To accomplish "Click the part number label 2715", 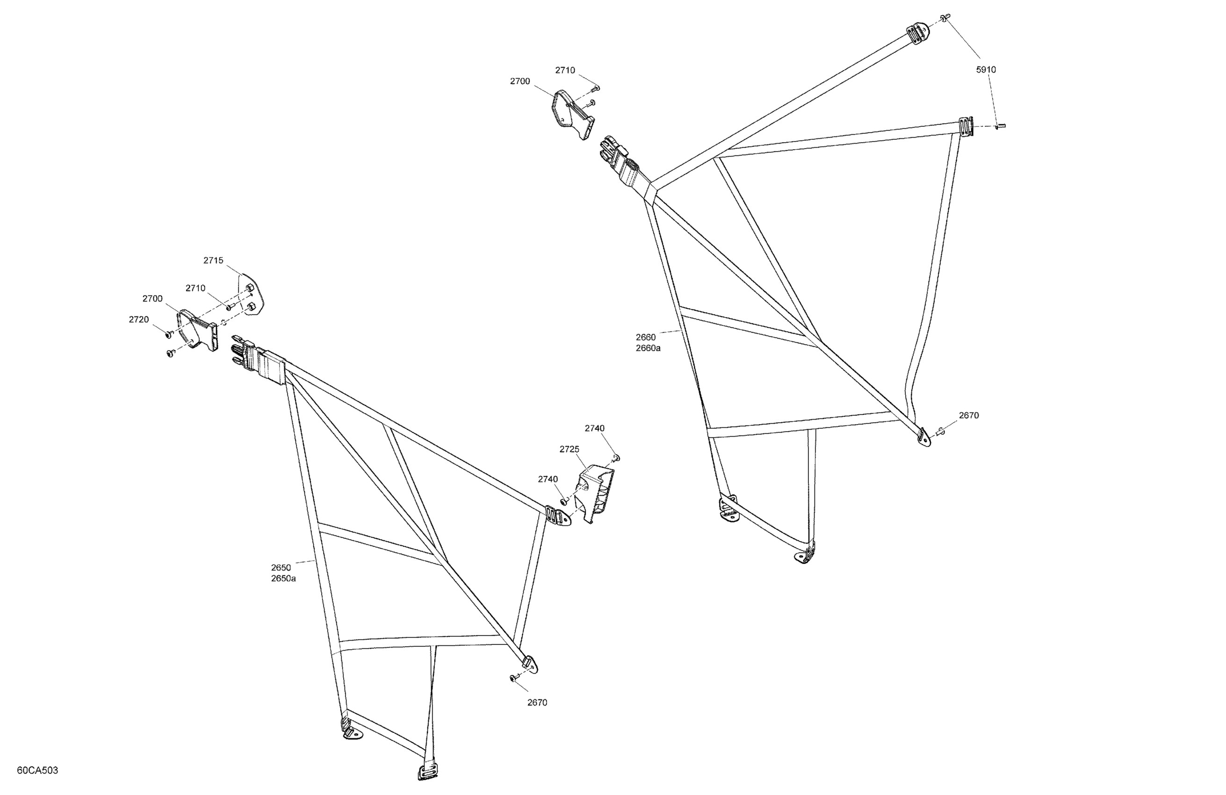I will click(213, 260).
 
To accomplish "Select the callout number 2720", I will click(138, 319).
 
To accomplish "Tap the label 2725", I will click(569, 449).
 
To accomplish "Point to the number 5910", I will click(986, 70).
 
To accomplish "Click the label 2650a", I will click(283, 578).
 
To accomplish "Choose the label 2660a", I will click(648, 348).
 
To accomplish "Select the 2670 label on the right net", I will click(968, 415).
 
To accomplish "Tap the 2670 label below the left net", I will click(537, 702).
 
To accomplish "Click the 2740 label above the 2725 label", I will click(594, 428).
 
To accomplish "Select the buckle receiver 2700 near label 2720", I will click(197, 330).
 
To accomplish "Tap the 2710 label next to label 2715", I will click(195, 289).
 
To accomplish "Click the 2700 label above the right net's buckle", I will click(520, 81).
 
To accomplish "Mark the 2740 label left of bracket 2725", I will click(548, 479).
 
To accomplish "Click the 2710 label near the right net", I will click(565, 71).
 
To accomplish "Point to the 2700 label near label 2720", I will click(152, 299).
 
